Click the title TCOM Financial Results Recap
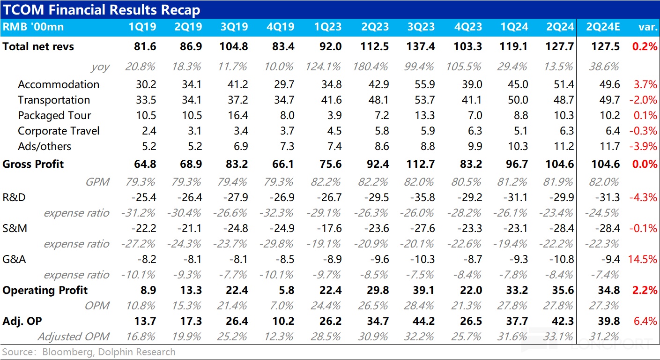point(102,10)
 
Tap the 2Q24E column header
point(603,27)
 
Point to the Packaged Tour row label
point(54,115)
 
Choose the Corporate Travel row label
point(59,131)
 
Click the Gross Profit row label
point(33,164)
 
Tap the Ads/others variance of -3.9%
point(645,146)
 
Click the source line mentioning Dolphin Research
point(89,352)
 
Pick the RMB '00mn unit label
point(33,27)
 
